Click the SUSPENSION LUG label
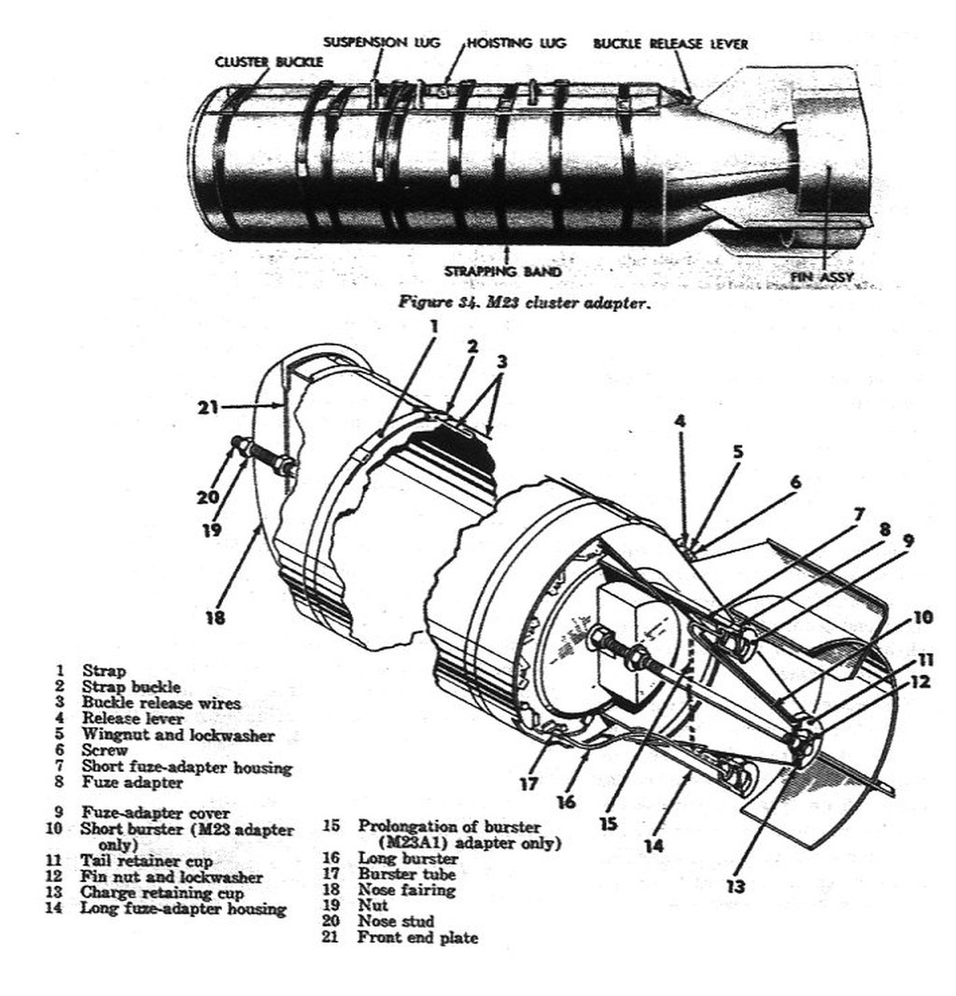point(381,43)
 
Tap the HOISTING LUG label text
point(516,43)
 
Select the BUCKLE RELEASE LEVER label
point(671,44)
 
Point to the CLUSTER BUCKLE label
point(269,63)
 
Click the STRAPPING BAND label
point(502,272)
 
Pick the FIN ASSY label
point(822,277)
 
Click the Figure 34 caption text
point(524,303)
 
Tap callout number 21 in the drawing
point(207,407)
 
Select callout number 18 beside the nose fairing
point(216,617)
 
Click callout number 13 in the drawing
point(735,885)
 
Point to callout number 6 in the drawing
point(796,482)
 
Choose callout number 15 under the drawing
point(608,823)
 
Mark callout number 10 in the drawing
point(923,617)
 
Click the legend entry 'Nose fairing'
point(406,890)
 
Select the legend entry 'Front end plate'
point(417,937)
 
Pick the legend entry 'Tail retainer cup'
point(146,861)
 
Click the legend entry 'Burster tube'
point(406,874)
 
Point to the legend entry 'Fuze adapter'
point(133,782)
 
